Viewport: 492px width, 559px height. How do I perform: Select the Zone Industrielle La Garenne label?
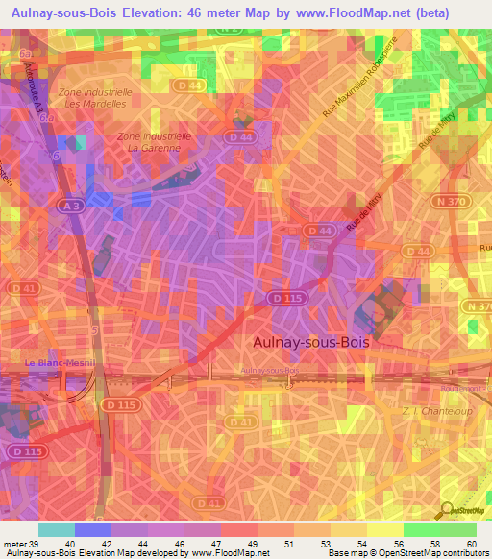pos(154,143)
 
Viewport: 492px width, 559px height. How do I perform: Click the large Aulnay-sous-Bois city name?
pos(311,340)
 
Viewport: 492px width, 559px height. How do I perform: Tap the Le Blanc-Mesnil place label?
pos(57,363)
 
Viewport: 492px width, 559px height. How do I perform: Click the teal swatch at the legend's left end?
pos(56,529)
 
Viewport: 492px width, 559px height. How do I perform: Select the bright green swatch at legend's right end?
pos(457,529)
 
